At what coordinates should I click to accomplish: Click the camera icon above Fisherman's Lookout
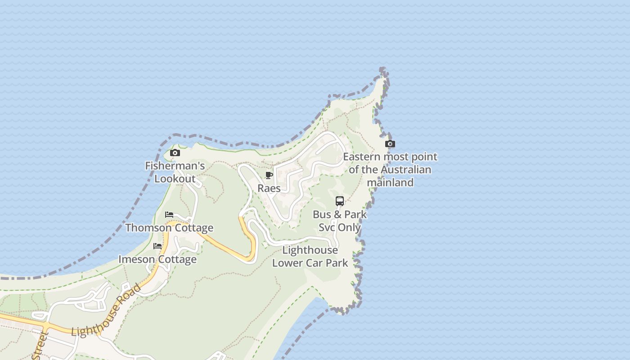(x=175, y=153)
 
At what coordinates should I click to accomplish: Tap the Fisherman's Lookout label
(x=175, y=172)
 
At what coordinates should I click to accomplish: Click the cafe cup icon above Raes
(x=269, y=175)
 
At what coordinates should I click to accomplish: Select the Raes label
(x=269, y=188)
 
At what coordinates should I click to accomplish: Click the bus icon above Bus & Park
(x=340, y=201)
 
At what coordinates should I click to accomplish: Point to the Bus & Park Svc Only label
(x=340, y=221)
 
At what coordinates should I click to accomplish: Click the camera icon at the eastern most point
(x=390, y=144)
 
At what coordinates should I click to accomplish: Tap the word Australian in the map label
(x=405, y=170)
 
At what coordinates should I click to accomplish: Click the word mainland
(x=390, y=182)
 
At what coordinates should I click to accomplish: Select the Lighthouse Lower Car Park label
(x=310, y=256)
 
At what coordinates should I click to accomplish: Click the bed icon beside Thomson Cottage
(x=169, y=214)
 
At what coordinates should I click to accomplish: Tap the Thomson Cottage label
(x=169, y=228)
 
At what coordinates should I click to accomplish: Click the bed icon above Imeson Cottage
(x=157, y=246)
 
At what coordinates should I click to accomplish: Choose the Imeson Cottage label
(x=157, y=259)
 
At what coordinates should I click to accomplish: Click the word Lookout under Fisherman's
(x=175, y=179)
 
